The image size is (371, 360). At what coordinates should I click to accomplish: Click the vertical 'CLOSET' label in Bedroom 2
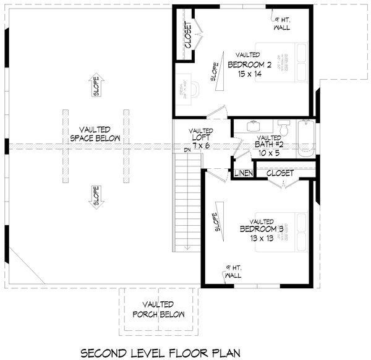[x=187, y=36]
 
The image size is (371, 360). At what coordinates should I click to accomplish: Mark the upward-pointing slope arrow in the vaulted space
[x=96, y=85]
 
